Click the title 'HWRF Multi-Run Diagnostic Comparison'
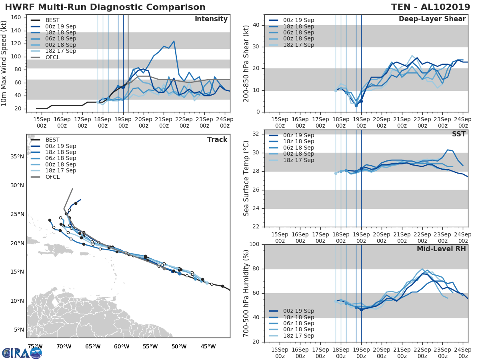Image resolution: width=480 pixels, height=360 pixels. tap(105, 7)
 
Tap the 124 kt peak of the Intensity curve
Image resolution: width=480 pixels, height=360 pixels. tap(174, 41)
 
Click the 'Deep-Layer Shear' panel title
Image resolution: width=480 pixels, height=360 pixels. tap(432, 19)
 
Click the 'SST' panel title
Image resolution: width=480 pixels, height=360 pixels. tap(459, 134)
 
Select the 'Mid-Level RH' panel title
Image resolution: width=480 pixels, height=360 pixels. tap(441, 249)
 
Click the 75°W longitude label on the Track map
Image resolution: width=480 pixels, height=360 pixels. tap(35, 346)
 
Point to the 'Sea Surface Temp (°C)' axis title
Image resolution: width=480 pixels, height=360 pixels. tap(246, 178)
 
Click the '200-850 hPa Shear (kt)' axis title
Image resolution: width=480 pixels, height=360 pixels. tap(246, 63)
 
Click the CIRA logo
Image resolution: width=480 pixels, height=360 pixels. tap(22, 353)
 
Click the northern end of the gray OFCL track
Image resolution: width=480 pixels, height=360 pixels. tap(72, 189)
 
